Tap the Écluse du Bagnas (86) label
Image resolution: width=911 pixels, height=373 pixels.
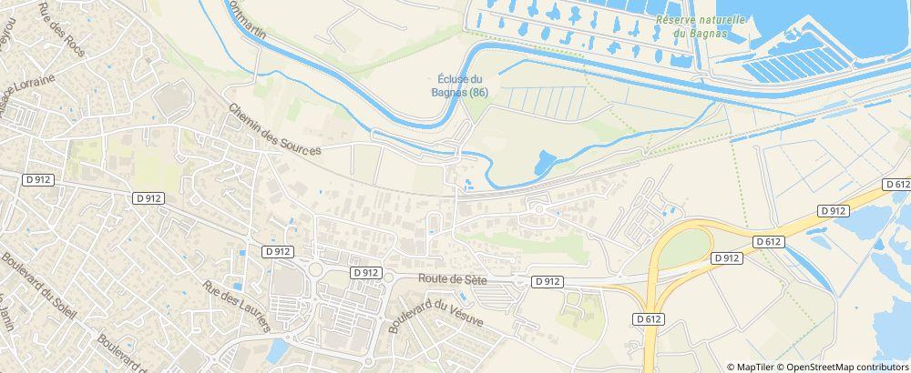click(x=460, y=86)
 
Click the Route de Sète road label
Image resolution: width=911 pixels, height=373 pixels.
click(x=453, y=280)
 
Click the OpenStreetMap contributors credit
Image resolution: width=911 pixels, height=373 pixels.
click(x=846, y=366)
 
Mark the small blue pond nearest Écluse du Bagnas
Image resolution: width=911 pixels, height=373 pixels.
click(x=542, y=163)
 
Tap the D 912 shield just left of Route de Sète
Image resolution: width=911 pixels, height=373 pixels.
click(x=365, y=272)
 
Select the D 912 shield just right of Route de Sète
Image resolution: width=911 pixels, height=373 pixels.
click(x=547, y=282)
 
